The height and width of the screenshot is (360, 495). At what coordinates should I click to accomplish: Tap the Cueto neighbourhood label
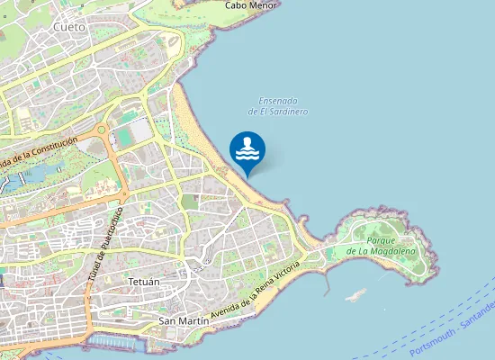point(69,27)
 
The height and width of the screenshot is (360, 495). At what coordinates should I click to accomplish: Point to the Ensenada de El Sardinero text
point(277,106)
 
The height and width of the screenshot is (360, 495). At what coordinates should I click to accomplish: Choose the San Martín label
point(178,320)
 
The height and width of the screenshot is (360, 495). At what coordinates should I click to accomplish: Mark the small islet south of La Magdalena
point(357,293)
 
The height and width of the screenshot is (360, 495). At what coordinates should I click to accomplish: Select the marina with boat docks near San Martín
point(117,343)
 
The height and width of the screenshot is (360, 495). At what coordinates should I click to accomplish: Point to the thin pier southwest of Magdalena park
point(325,281)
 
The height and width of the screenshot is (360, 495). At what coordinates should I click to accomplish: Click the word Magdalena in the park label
point(390,252)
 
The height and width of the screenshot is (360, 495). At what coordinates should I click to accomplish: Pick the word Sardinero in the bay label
point(287,112)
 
